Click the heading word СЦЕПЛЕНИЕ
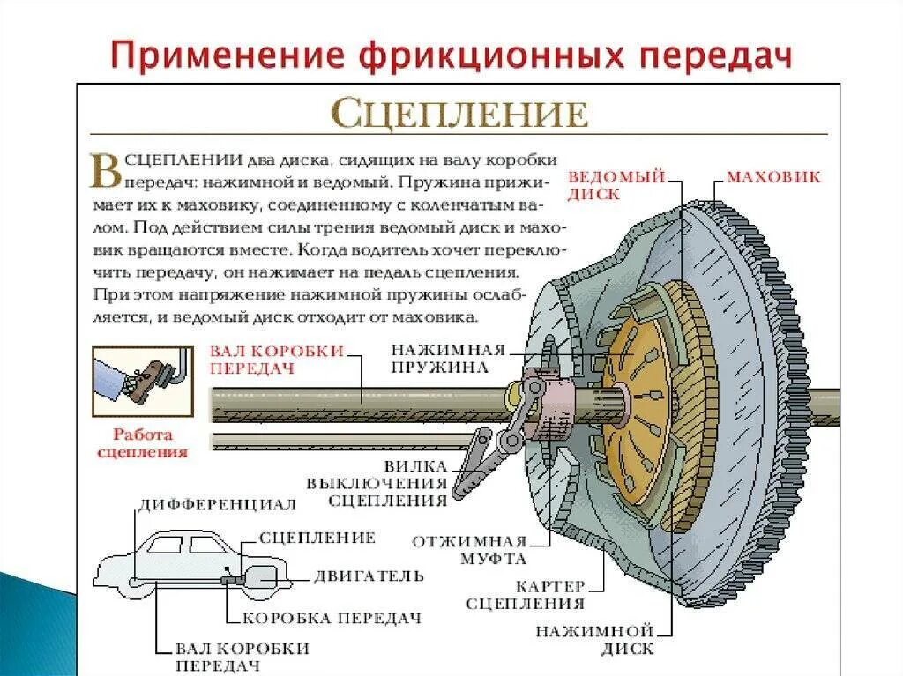(x=459, y=115)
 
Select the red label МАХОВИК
(x=772, y=177)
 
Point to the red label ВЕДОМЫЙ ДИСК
(x=616, y=185)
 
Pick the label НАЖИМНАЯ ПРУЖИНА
(x=448, y=357)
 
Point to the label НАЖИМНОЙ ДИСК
(x=594, y=640)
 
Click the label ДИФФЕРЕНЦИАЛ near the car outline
(x=217, y=505)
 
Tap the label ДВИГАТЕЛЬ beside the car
(x=369, y=576)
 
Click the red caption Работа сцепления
(x=142, y=443)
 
